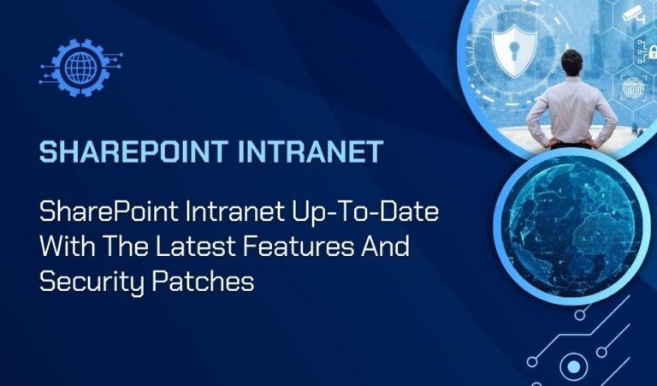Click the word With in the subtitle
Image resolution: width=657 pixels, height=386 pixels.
pyautogui.click(x=65, y=247)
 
